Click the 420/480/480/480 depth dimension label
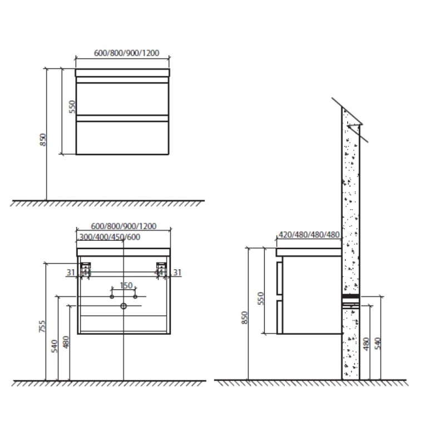click(x=309, y=235)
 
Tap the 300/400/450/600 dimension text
click(x=110, y=237)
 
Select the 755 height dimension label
click(x=42, y=327)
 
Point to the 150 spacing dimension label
click(x=126, y=285)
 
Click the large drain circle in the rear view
click(x=123, y=306)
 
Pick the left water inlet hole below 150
click(x=112, y=296)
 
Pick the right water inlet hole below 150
click(x=135, y=296)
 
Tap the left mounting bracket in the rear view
click(x=86, y=266)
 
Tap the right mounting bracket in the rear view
click(x=161, y=266)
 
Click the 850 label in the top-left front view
click(x=43, y=140)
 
